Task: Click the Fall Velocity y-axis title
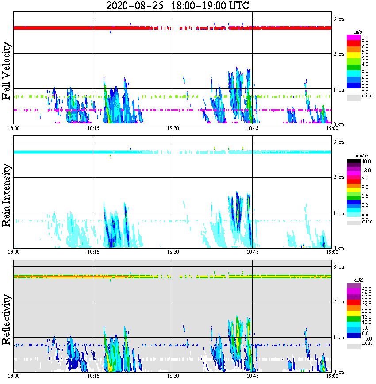[x=6, y=72]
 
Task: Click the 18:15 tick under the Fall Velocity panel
[x=93, y=129]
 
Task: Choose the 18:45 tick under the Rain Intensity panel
[x=252, y=253]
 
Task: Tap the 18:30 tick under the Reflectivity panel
[x=173, y=376]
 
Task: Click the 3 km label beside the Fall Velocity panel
[x=338, y=18]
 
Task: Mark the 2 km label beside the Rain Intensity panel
[x=338, y=178]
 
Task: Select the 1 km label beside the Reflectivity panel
[x=338, y=338]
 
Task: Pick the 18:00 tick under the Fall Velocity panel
[x=14, y=129]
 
